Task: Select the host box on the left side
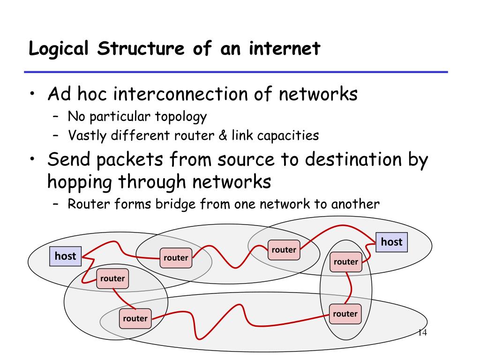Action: [65, 256]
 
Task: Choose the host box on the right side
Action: [392, 242]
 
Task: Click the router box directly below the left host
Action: [112, 279]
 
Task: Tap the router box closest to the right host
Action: [346, 262]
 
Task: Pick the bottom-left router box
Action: [135, 319]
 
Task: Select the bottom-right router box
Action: [345, 314]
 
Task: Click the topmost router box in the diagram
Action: [284, 250]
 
